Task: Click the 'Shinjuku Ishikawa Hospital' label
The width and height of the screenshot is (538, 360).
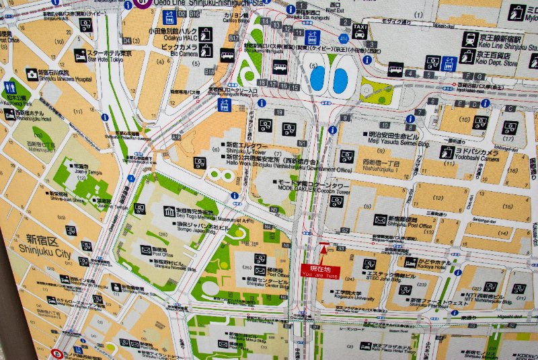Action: pos(56,75)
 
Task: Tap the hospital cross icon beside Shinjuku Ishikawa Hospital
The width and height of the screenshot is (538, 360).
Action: pos(32,73)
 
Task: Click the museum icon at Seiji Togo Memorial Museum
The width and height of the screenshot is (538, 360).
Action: pos(169,213)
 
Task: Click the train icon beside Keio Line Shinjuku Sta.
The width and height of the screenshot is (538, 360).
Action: pos(469,39)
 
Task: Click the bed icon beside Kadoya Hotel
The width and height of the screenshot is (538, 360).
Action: pos(411,262)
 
